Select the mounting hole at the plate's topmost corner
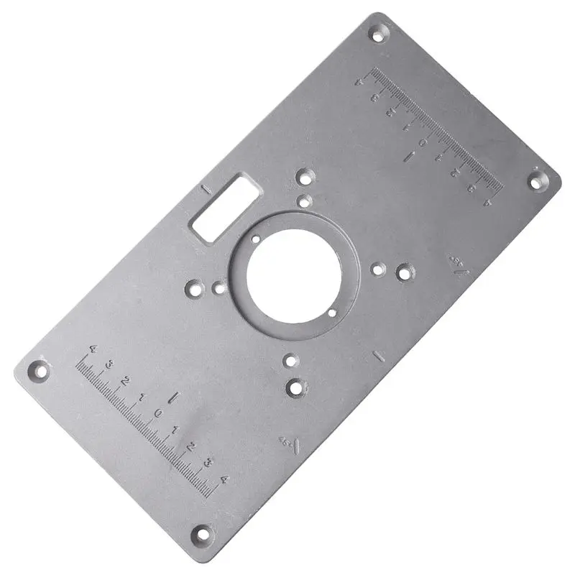point(377,32)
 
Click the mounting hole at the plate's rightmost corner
point(538,180)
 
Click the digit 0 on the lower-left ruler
point(158,413)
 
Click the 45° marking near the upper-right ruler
point(458,263)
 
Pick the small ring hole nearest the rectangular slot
point(255,238)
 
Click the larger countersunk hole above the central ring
point(305,175)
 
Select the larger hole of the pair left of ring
point(193,289)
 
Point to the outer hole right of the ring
point(405,272)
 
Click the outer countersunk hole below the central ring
point(296,388)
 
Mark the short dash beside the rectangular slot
point(206,190)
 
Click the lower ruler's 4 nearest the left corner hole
point(92,349)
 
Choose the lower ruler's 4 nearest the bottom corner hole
point(224,479)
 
